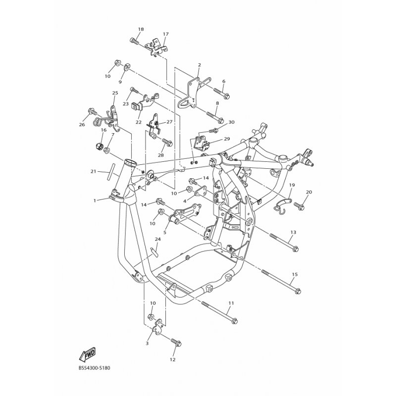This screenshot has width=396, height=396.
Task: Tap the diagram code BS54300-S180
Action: (94, 368)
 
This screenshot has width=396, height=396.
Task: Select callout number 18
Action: (141, 29)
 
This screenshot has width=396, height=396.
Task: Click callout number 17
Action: (166, 34)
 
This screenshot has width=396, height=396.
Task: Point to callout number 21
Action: (94, 172)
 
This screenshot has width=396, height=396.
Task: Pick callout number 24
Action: (157, 239)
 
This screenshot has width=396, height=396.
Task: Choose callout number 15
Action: (295, 274)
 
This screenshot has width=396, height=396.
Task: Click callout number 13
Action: (293, 232)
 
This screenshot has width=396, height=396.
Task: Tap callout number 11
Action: (231, 303)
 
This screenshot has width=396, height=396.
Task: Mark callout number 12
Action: (173, 360)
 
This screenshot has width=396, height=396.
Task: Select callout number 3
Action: (147, 344)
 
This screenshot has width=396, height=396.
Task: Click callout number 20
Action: (309, 192)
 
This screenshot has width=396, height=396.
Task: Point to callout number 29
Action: (227, 139)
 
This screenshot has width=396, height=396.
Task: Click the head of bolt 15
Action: (298, 291)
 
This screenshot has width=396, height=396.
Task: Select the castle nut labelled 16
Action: (99, 147)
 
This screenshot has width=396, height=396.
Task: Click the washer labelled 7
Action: (106, 150)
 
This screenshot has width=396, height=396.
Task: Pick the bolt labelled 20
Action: (299, 206)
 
